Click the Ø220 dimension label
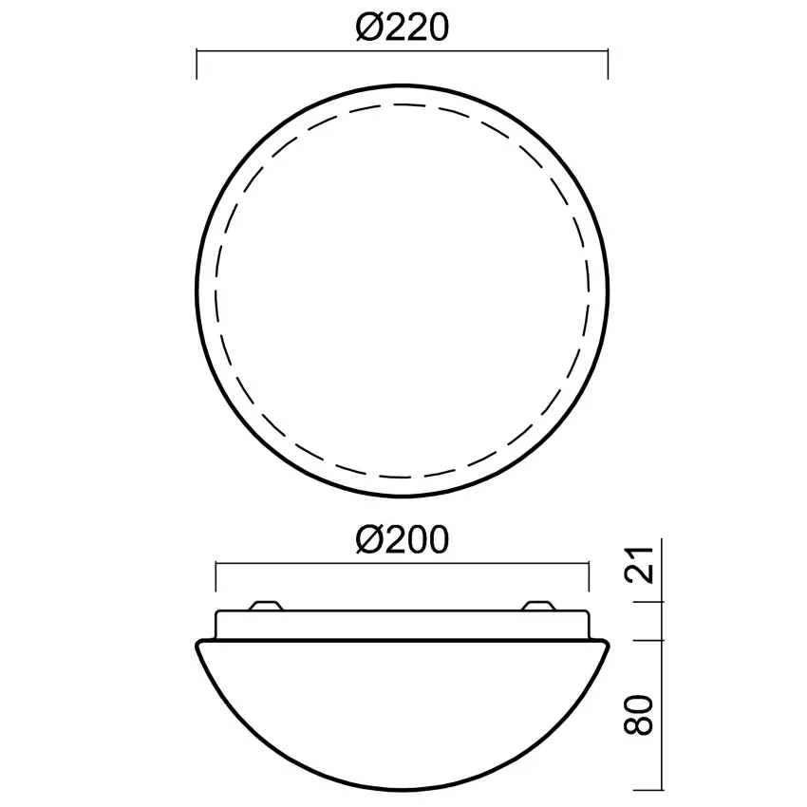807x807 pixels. [x=403, y=28]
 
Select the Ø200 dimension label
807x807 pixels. [x=403, y=540]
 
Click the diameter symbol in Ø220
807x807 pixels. [x=368, y=28]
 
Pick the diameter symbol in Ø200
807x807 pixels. [x=368, y=540]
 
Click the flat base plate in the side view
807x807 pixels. [x=403, y=624]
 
